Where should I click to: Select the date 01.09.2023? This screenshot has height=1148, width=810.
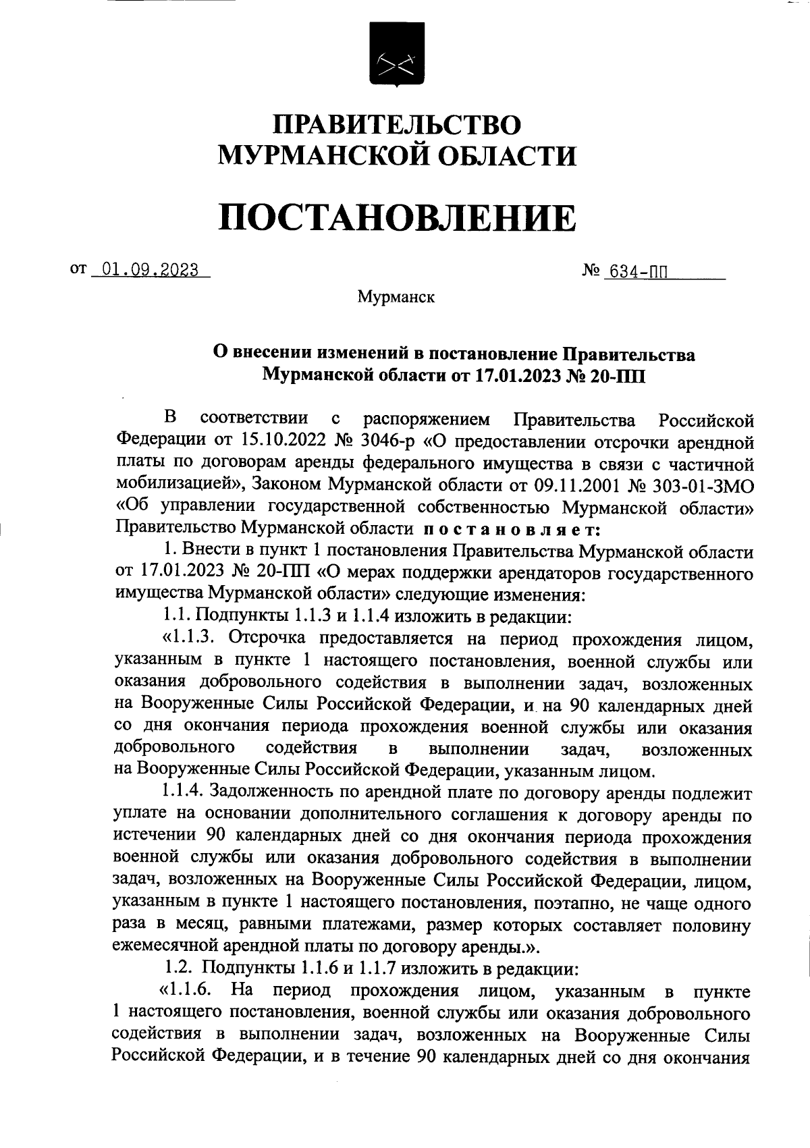point(149,271)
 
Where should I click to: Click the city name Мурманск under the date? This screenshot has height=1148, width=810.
point(396,297)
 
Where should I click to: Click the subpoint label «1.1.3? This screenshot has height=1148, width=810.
point(193,637)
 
